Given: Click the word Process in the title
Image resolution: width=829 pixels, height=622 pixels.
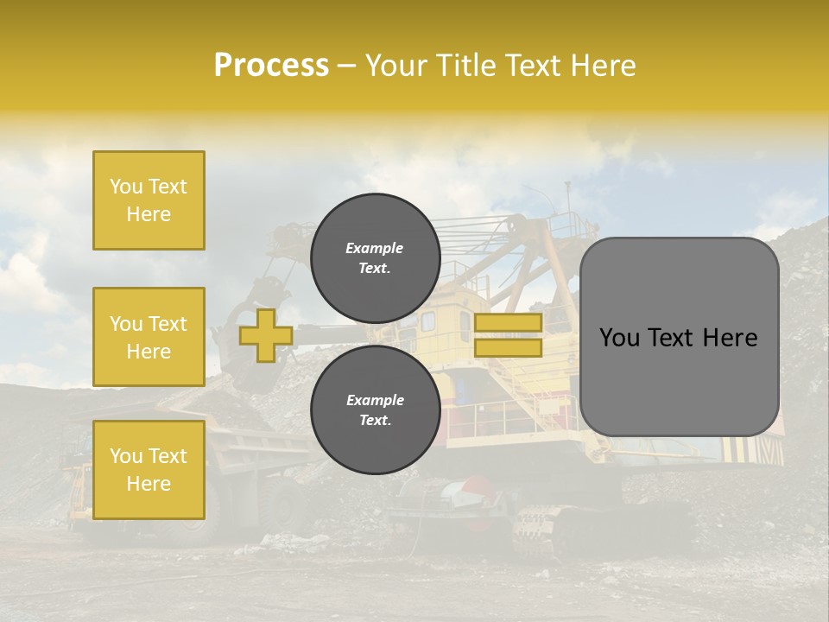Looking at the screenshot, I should [x=271, y=66].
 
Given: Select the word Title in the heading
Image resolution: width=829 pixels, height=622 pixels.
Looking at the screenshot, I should [x=465, y=66].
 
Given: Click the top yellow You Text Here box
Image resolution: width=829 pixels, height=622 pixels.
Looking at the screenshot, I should [x=149, y=200].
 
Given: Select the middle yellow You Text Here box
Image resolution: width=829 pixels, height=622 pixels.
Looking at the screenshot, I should [x=149, y=337].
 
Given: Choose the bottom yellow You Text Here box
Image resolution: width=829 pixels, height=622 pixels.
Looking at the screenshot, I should [x=149, y=470].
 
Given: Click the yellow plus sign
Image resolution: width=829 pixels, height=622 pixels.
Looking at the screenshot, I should [x=266, y=335].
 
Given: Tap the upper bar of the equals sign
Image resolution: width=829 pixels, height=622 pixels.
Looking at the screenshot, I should [x=508, y=322].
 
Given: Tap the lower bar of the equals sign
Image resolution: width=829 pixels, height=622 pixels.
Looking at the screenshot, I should [x=508, y=348].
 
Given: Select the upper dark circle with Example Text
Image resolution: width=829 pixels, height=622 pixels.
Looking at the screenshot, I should [x=375, y=258].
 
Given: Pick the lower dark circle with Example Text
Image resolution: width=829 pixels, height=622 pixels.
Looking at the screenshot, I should [x=375, y=410].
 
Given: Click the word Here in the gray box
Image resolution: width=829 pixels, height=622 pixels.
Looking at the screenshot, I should [x=731, y=338].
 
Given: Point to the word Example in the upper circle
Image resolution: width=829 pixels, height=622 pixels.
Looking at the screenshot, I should [x=374, y=248].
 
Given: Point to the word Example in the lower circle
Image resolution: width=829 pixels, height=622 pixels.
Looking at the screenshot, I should [x=375, y=400].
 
